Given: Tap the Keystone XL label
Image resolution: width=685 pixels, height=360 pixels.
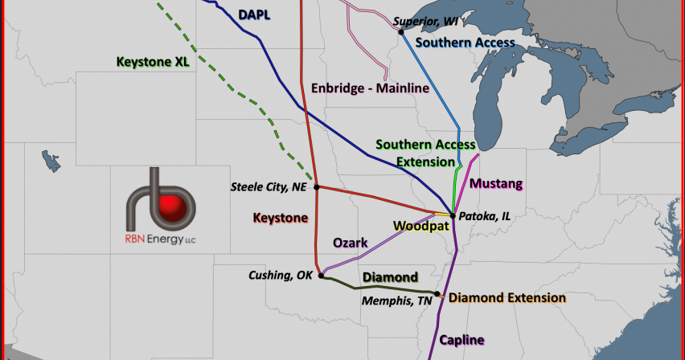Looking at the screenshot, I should [x=152, y=60].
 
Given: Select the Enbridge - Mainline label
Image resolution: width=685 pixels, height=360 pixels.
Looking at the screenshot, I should [x=369, y=88].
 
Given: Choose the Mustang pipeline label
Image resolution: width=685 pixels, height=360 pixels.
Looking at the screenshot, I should [x=495, y=184].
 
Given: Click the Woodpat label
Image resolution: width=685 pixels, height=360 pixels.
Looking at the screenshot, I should [x=418, y=226].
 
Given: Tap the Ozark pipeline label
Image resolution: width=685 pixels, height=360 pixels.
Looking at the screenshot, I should [x=350, y=242].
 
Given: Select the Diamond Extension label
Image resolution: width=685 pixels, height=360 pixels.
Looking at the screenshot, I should [x=507, y=297].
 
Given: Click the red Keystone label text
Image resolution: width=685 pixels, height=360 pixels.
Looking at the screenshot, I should [x=280, y=217].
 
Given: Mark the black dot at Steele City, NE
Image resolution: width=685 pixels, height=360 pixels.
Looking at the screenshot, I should [x=318, y=187].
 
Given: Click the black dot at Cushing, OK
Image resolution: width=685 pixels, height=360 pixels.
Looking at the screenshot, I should [x=321, y=276].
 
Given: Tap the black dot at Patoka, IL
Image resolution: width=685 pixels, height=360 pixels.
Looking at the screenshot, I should [x=451, y=215].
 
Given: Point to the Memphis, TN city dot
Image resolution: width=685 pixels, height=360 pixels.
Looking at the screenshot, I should [x=437, y=294].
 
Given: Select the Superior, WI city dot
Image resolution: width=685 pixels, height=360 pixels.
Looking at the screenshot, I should [x=400, y=32].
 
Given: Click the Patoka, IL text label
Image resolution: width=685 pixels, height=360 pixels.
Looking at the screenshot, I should [x=484, y=216].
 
